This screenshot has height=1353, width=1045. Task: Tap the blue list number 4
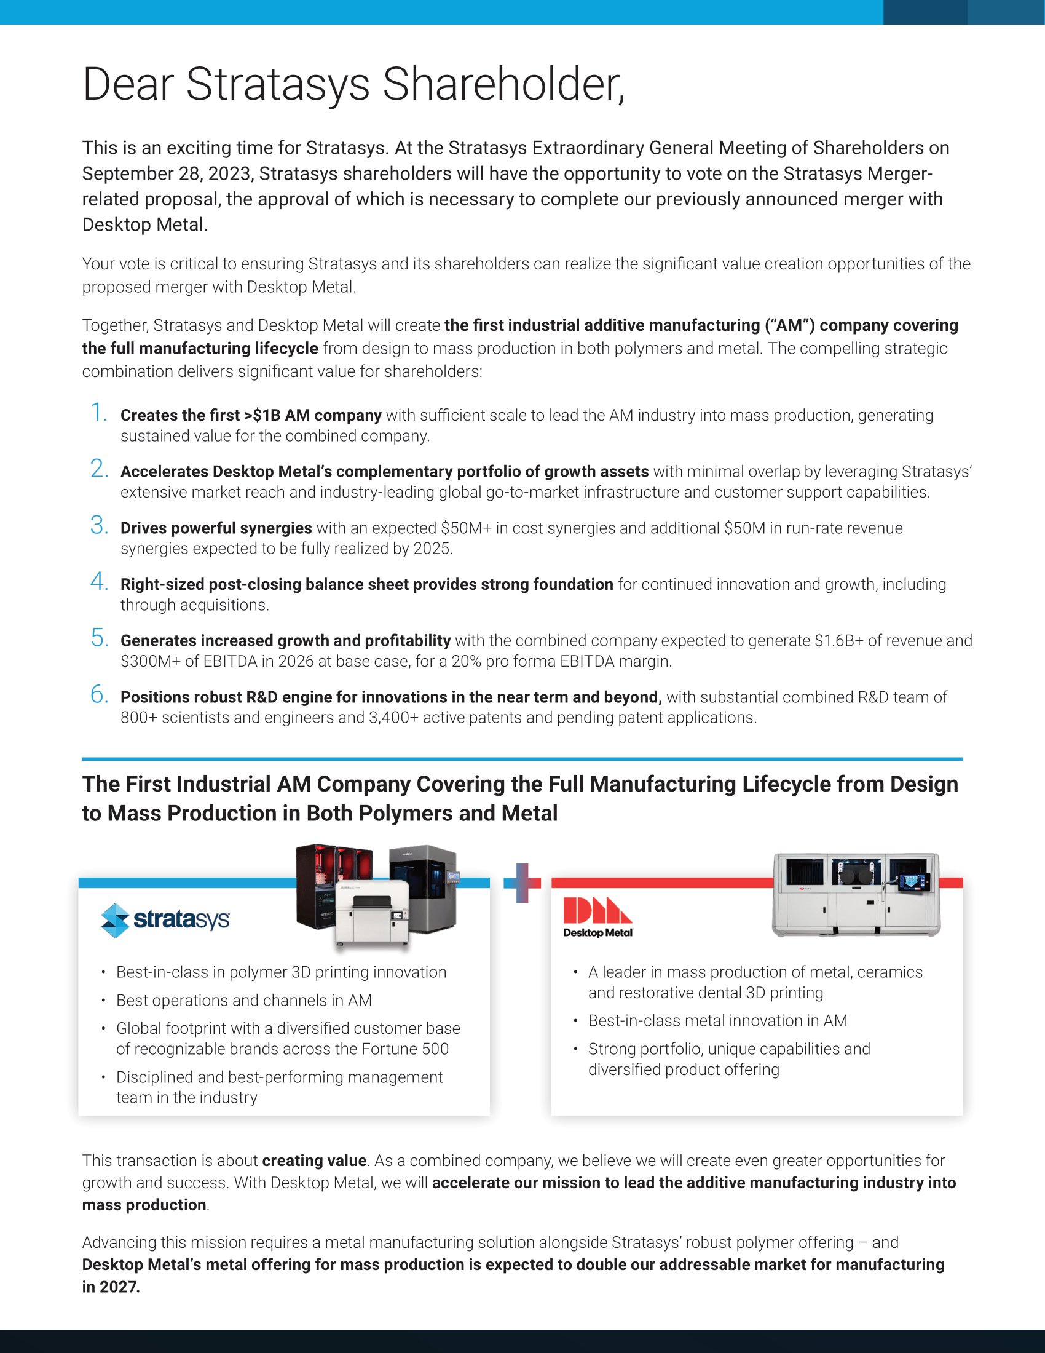click(99, 582)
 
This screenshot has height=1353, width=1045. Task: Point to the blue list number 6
click(99, 694)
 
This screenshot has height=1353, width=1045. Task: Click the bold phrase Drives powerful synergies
click(216, 528)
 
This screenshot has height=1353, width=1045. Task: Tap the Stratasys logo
click(165, 920)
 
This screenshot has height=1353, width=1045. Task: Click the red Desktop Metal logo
click(597, 917)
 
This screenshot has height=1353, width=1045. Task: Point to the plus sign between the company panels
click(522, 883)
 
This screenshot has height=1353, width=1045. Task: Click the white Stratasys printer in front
click(371, 914)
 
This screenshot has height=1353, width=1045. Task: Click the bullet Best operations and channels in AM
click(244, 1001)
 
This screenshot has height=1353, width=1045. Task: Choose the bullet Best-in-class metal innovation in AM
click(717, 1021)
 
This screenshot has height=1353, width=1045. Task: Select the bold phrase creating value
click(314, 1161)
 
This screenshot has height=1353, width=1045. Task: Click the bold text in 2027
click(111, 1287)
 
